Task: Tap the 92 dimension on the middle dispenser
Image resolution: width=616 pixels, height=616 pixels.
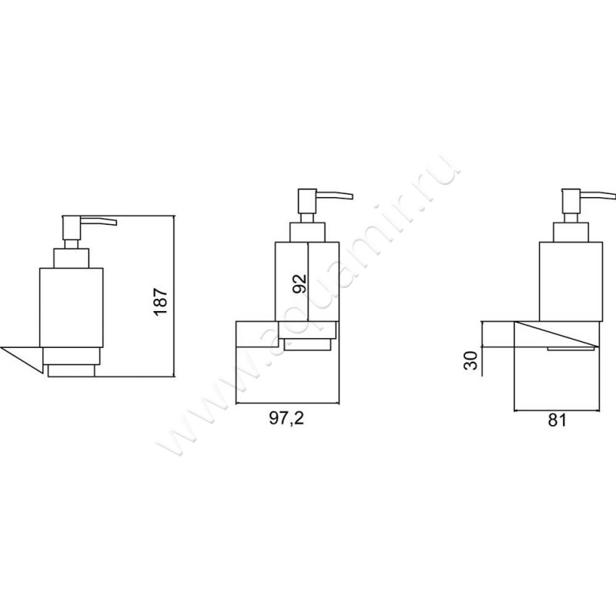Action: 300,282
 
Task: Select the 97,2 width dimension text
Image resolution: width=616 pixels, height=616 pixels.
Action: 284,418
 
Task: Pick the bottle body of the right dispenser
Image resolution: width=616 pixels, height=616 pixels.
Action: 570,281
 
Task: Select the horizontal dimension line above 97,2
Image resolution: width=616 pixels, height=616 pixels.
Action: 288,403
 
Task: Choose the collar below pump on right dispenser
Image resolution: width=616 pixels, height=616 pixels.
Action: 570,232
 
